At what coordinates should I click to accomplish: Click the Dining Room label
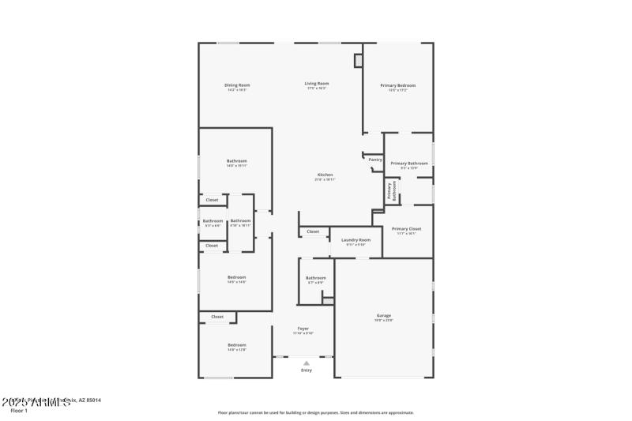tap(237, 85)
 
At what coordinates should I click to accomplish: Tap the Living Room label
tap(317, 83)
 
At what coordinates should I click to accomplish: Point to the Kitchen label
tap(325, 175)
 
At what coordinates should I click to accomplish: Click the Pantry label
tap(375, 160)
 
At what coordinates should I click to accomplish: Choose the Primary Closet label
tap(406, 228)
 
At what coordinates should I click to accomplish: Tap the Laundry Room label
tap(355, 239)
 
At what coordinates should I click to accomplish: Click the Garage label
tap(383, 316)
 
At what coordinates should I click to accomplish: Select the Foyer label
tap(303, 328)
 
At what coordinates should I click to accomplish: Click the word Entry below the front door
tap(306, 370)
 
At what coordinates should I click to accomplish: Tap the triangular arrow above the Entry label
tap(306, 363)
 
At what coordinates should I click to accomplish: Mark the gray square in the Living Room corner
tap(358, 60)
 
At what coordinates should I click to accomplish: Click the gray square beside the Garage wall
tap(328, 301)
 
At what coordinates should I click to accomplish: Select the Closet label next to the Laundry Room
tap(313, 231)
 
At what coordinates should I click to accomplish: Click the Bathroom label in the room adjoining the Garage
tap(316, 277)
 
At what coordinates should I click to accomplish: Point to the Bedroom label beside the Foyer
tap(237, 345)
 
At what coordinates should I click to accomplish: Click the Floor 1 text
tap(19, 411)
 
